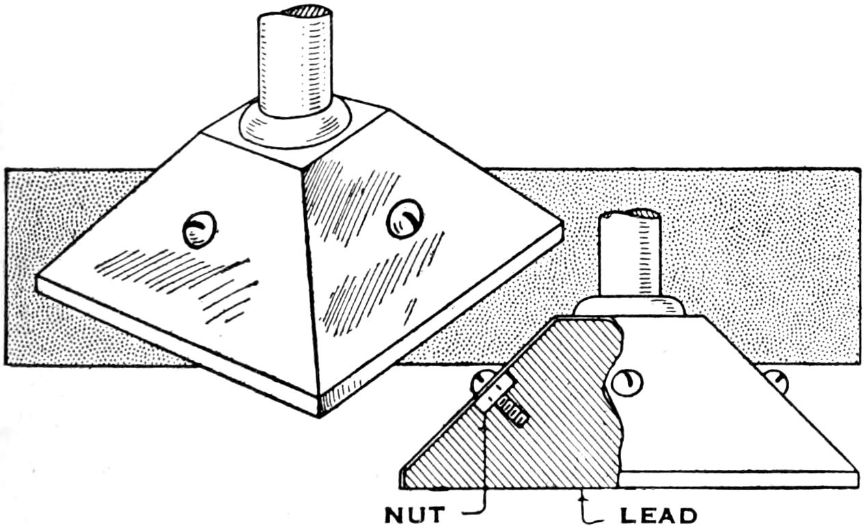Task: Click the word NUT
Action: click(415, 514)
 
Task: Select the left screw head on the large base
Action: click(200, 230)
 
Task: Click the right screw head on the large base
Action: click(405, 219)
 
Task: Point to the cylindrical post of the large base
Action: click(295, 61)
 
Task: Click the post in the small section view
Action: click(629, 255)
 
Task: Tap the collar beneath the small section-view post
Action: click(629, 307)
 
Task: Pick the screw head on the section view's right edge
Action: click(776, 381)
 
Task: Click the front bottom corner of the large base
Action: click(319, 416)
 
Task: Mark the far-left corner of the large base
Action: click(37, 277)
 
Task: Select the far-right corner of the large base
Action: click(562, 223)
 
